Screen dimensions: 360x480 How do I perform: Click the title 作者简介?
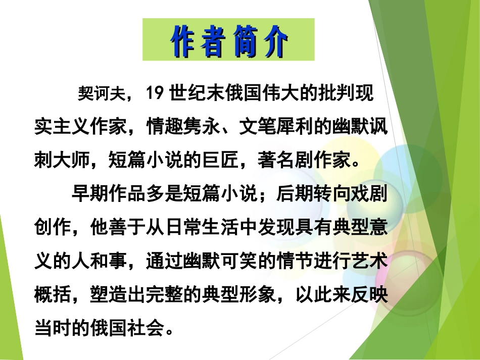click(228, 40)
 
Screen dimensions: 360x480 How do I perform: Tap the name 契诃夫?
click(99, 94)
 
